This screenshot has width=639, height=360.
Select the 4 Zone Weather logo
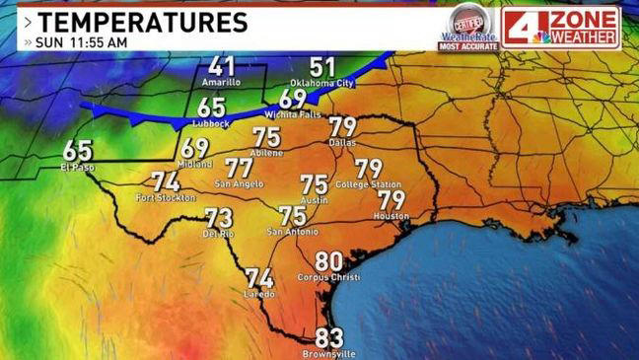pyautogui.click(x=561, y=27)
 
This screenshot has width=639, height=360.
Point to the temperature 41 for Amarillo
pyautogui.click(x=222, y=67)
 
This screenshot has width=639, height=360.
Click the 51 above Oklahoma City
pyautogui.click(x=322, y=67)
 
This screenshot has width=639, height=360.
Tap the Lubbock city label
pyautogui.click(x=212, y=123)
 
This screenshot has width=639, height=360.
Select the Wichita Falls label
pyautogui.click(x=293, y=113)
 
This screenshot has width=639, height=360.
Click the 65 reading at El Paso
pyautogui.click(x=78, y=151)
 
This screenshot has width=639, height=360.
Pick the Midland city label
pyautogui.click(x=195, y=164)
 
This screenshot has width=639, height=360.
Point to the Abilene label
pyautogui.click(x=267, y=154)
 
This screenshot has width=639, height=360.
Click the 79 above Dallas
pyautogui.click(x=342, y=127)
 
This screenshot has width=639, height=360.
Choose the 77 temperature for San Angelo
pyautogui.click(x=239, y=168)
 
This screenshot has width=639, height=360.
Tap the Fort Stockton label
pyautogui.click(x=163, y=199)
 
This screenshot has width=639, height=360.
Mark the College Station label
pyautogui.click(x=366, y=184)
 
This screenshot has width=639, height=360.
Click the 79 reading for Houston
pyautogui.click(x=391, y=200)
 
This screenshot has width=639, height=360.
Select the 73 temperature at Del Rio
pyautogui.click(x=218, y=218)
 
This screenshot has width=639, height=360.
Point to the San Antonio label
pyautogui.click(x=292, y=232)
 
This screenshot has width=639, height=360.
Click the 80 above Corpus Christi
pyautogui.click(x=329, y=261)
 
